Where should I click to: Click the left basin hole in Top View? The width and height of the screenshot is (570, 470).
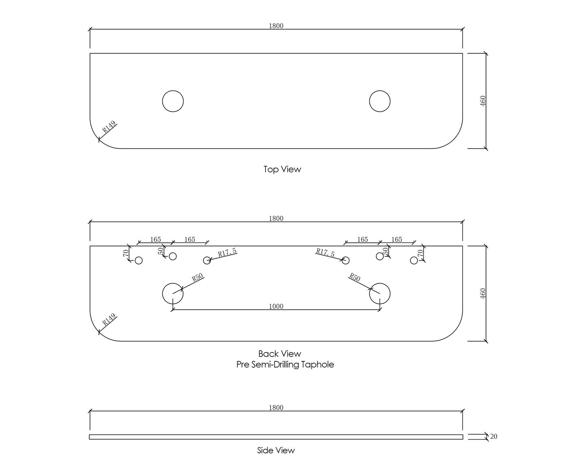coord(173,101)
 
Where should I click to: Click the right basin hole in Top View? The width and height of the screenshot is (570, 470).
coord(379,101)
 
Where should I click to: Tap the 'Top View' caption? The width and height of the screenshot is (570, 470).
coord(282,169)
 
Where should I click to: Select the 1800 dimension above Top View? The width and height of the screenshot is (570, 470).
coord(276,26)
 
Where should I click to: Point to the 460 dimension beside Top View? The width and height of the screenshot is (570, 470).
coord(483,101)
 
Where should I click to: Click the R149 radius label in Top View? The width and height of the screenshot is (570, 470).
coord(109,127)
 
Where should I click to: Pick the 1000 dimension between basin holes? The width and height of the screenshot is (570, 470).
coord(276,306)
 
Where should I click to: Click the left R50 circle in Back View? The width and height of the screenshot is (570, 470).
coord(173,293)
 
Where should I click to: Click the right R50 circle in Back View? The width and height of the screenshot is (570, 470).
coord(379,293)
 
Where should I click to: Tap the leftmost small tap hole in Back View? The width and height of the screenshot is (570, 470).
coord(138,260)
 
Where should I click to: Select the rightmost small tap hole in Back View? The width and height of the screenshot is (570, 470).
coord(414,260)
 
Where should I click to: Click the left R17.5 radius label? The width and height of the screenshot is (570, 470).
coord(227,253)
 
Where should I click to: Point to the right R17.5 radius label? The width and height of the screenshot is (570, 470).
coord(325,253)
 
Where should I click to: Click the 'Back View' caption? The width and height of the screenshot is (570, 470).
coord(280,354)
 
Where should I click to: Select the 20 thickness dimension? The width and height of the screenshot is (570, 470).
coord(493,437)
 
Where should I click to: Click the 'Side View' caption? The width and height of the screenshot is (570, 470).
coord(276,450)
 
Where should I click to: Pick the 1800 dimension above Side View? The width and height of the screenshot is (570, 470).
coord(276,408)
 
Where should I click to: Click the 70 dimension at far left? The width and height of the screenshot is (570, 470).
coord(126,253)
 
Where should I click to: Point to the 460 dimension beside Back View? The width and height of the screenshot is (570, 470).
coord(483,293)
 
